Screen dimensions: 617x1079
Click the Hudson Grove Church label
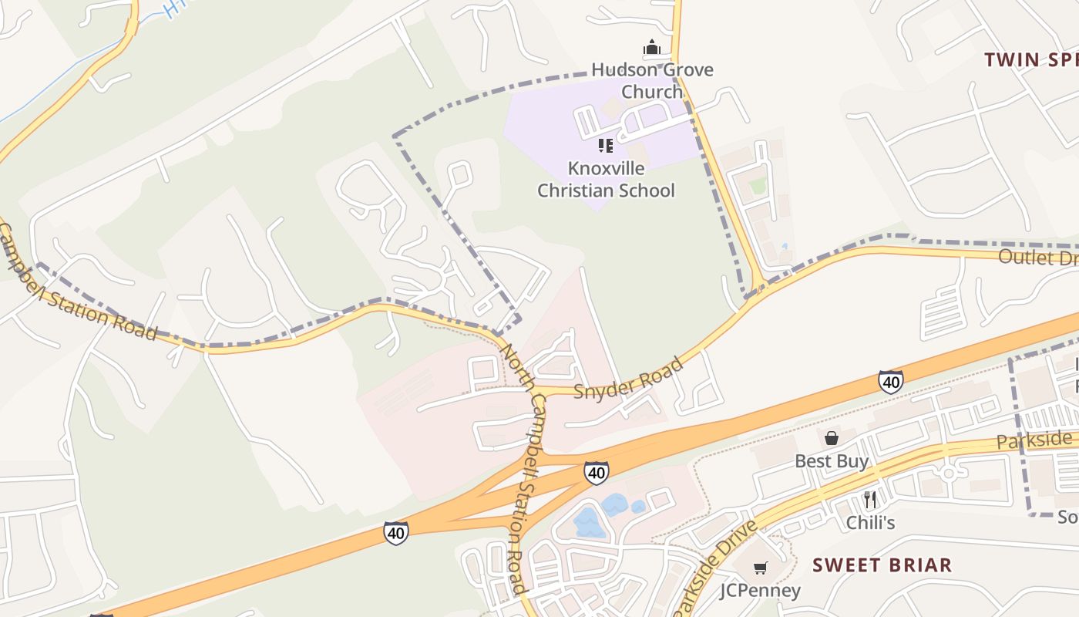click(x=652, y=80)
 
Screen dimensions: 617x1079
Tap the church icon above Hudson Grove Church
click(x=652, y=48)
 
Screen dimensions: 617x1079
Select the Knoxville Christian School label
click(x=606, y=179)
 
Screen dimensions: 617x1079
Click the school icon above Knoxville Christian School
click(x=606, y=145)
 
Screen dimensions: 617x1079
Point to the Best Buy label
click(x=832, y=461)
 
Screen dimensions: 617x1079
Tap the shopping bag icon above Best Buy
click(x=832, y=438)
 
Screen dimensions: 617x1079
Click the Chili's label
click(x=870, y=522)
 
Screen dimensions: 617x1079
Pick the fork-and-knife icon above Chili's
click(x=870, y=499)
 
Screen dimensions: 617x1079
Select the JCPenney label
click(x=760, y=590)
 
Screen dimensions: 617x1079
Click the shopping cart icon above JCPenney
click(x=760, y=568)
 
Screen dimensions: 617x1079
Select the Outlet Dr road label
click(x=1037, y=257)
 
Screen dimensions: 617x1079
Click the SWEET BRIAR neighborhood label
click(x=882, y=565)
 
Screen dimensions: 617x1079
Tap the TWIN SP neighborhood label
click(x=1030, y=60)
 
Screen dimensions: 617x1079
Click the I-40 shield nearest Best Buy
click(x=890, y=381)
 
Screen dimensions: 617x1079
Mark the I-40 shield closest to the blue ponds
click(x=596, y=472)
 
